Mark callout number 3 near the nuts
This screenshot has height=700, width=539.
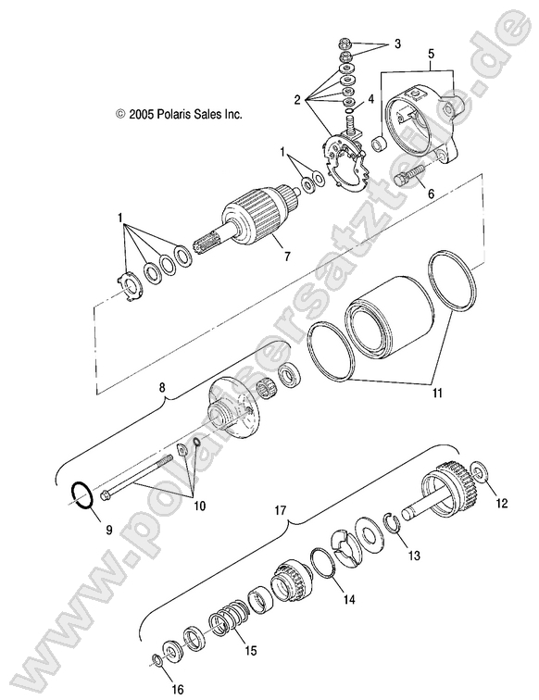tap(397, 44)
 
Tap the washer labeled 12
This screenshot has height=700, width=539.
tap(481, 473)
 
